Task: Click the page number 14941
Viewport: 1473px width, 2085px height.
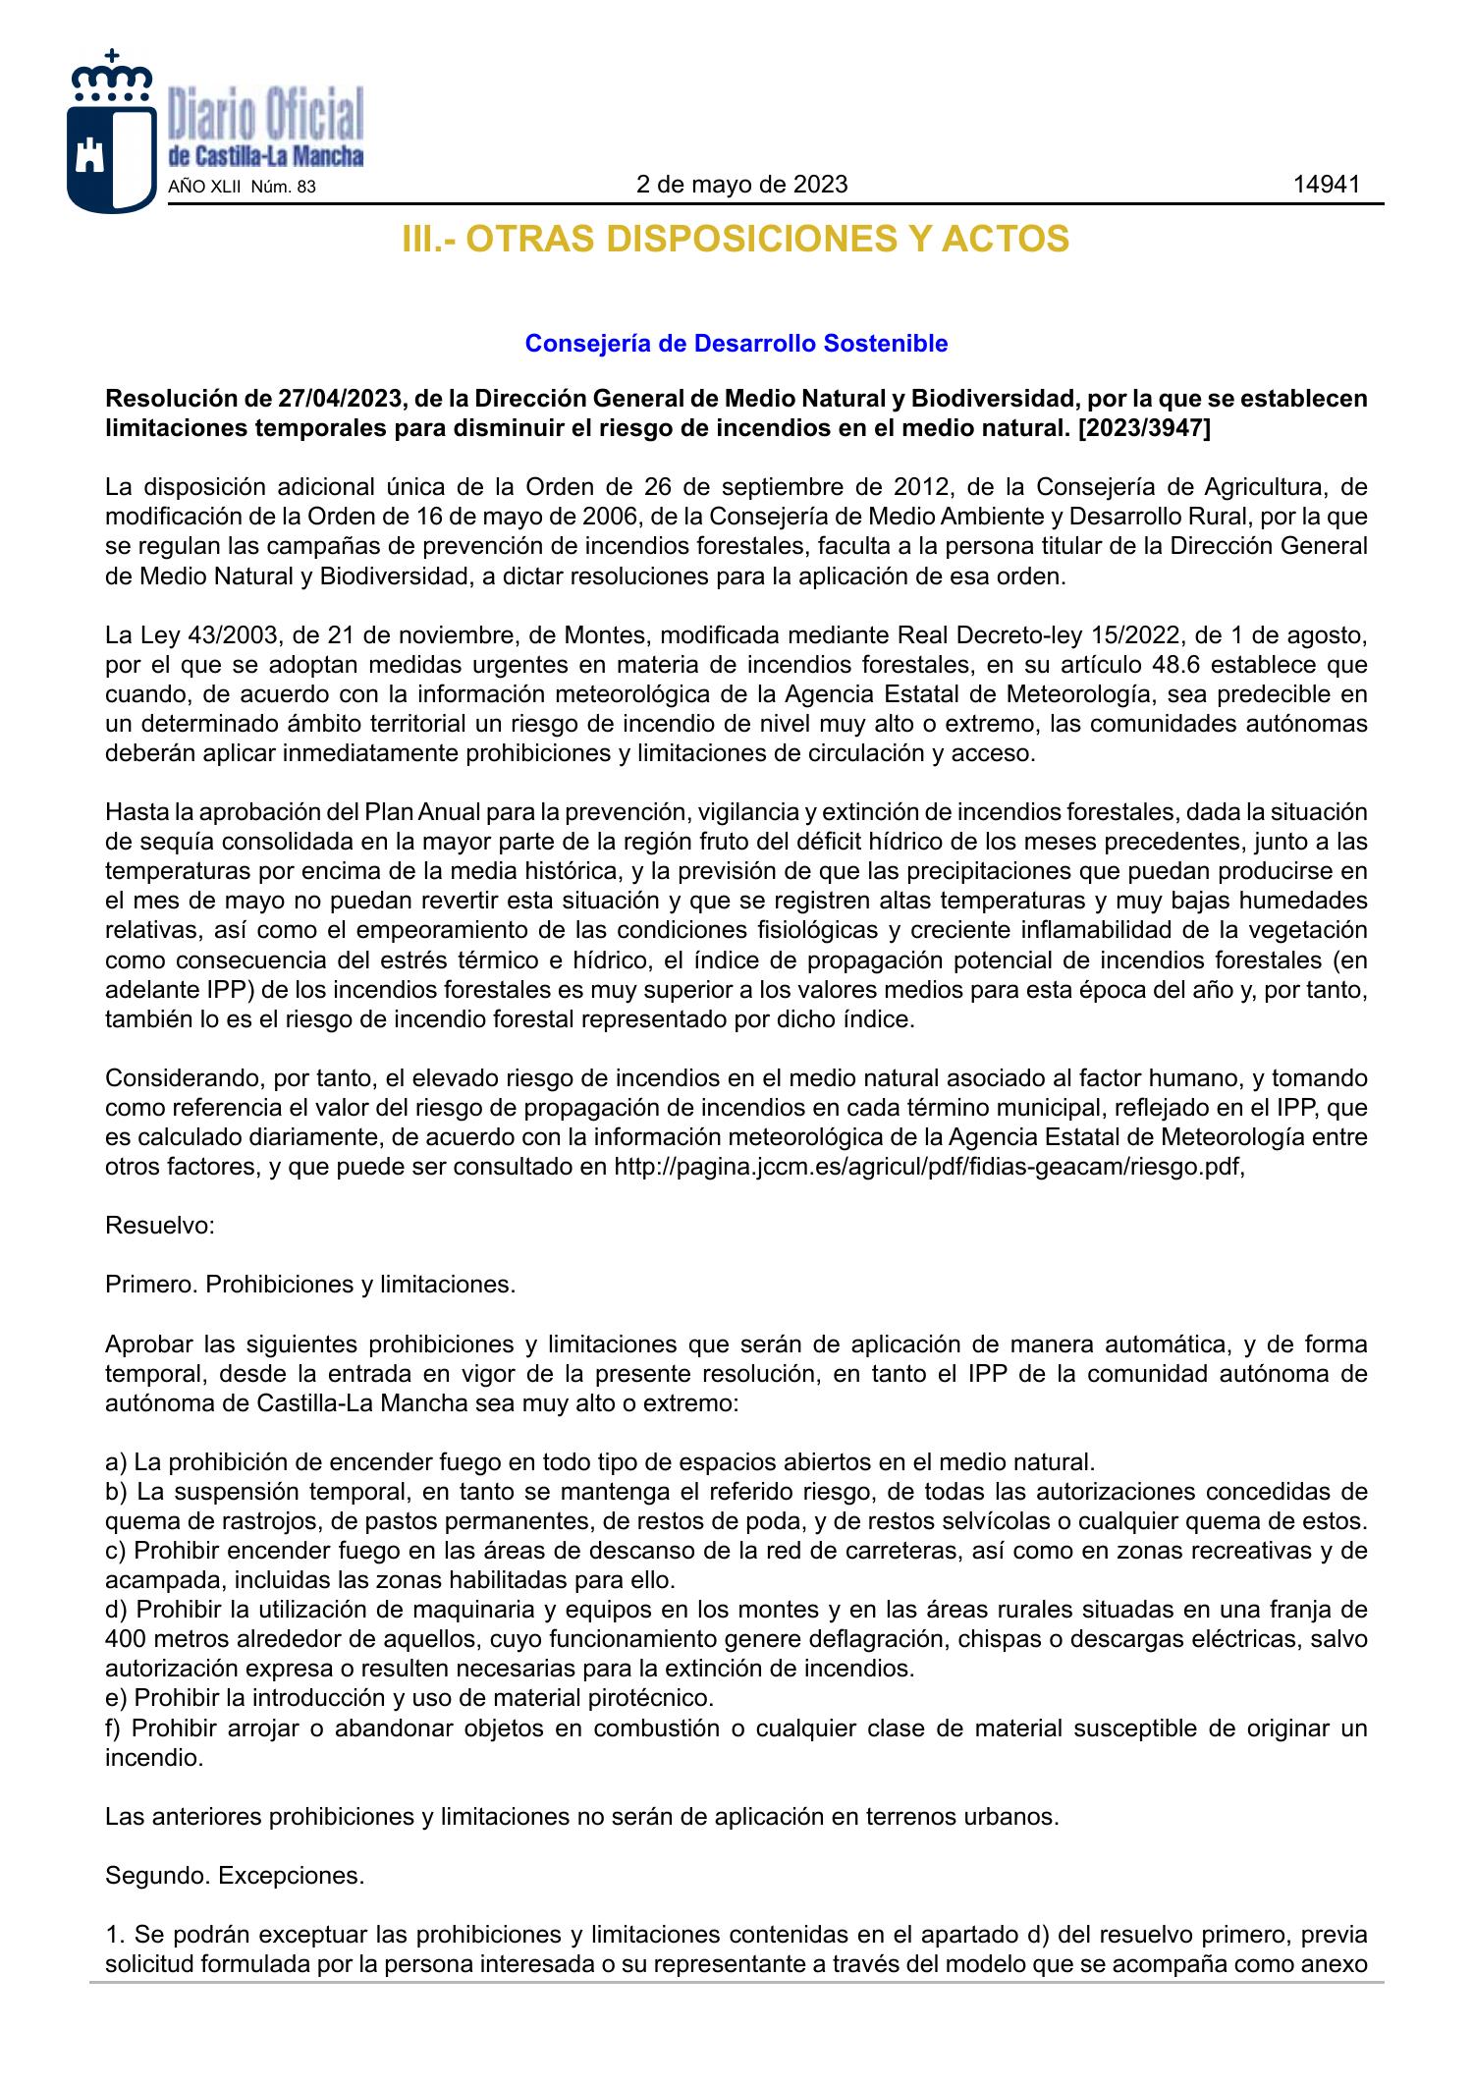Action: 1326,185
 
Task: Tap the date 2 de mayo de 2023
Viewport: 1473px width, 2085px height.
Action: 741,185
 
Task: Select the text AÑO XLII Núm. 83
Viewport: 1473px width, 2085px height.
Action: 243,187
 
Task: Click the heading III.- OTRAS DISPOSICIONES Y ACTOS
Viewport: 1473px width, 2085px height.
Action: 736,240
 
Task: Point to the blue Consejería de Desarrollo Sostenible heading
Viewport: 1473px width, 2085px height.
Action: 736,344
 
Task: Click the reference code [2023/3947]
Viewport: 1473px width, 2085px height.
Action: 1144,428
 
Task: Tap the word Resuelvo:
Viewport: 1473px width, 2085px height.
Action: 160,1227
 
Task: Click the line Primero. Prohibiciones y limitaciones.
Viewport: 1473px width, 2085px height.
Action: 310,1285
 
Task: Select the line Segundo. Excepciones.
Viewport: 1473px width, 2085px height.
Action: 235,1876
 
